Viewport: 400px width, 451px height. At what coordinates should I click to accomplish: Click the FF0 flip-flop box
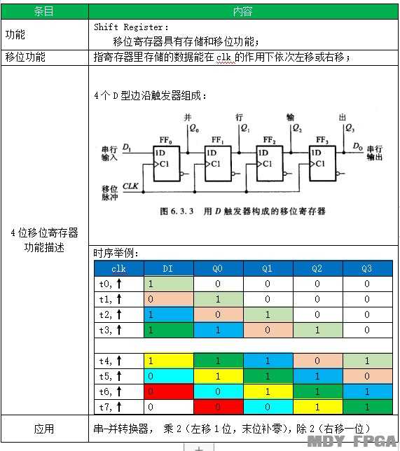point(167,163)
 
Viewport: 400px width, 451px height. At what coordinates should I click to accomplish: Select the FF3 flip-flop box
point(322,163)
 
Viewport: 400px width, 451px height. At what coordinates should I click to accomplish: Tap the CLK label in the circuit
point(130,186)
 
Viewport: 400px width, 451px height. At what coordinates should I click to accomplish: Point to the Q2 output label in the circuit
point(297,128)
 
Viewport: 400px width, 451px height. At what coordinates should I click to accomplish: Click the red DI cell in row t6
point(169,391)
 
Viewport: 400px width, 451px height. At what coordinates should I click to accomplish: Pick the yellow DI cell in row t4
point(169,361)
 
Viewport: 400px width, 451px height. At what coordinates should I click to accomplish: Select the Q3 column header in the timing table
point(367,269)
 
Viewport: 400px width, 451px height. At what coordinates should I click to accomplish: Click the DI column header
point(169,269)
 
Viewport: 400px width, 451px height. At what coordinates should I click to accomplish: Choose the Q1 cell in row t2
point(268,314)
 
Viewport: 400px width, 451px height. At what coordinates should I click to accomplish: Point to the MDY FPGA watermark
point(352,441)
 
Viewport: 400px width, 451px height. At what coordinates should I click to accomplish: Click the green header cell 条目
point(45,11)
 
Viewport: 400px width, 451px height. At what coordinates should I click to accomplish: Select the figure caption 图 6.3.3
point(177,211)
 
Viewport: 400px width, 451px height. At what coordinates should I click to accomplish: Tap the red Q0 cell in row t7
point(219,407)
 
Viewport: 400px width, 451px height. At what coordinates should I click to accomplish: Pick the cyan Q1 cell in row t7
point(268,407)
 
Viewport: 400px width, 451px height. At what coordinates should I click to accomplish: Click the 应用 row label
point(44,429)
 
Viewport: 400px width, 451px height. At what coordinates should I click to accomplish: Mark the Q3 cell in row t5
point(368,376)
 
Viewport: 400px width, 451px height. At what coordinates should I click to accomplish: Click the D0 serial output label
point(358,146)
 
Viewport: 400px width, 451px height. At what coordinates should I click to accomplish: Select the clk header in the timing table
point(119,269)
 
